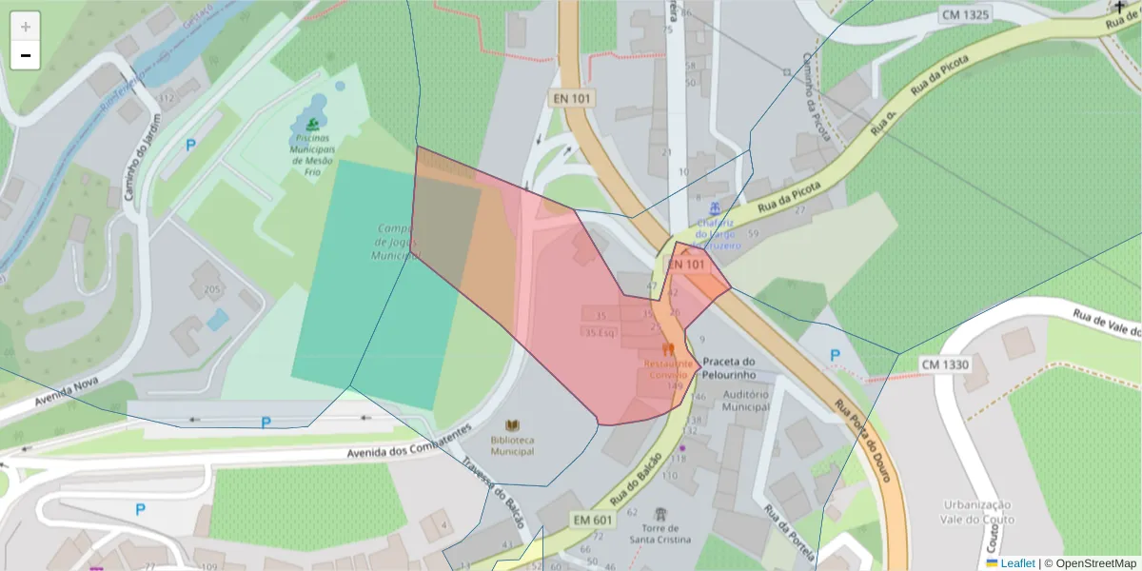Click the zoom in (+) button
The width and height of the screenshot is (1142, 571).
(26, 26)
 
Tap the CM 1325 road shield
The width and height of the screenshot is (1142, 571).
(964, 14)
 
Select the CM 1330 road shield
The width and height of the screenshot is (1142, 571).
(945, 364)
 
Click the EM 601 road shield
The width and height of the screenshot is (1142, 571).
(592, 519)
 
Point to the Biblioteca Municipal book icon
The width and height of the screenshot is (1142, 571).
(513, 424)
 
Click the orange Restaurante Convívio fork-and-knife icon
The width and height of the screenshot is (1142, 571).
(669, 349)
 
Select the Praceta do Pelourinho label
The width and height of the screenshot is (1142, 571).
(729, 367)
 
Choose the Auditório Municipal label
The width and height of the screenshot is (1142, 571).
(745, 400)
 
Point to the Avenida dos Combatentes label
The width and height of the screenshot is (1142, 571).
(409, 443)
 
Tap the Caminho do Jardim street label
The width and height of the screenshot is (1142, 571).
(141, 158)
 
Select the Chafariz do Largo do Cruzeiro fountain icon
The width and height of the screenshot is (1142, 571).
(715, 208)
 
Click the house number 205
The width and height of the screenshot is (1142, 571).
(212, 289)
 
